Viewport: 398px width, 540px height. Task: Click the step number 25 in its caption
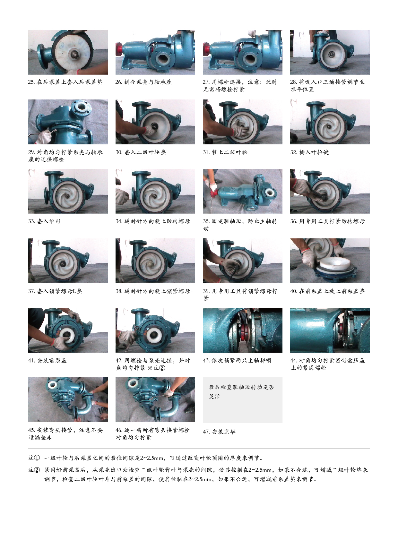[x=31, y=82]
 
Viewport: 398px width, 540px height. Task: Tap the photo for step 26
[x=155, y=52]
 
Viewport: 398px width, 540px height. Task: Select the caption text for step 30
[x=141, y=152]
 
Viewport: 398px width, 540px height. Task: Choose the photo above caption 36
[x=330, y=191]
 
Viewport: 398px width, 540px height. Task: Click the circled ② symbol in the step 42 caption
[x=162, y=368]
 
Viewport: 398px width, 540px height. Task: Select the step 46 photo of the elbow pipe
[x=155, y=400]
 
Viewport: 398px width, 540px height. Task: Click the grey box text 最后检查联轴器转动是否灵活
[x=241, y=391]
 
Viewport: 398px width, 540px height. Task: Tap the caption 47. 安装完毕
[x=219, y=432]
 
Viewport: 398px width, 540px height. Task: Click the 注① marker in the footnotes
[x=34, y=458]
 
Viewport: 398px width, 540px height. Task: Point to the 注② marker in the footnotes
[x=34, y=470]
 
